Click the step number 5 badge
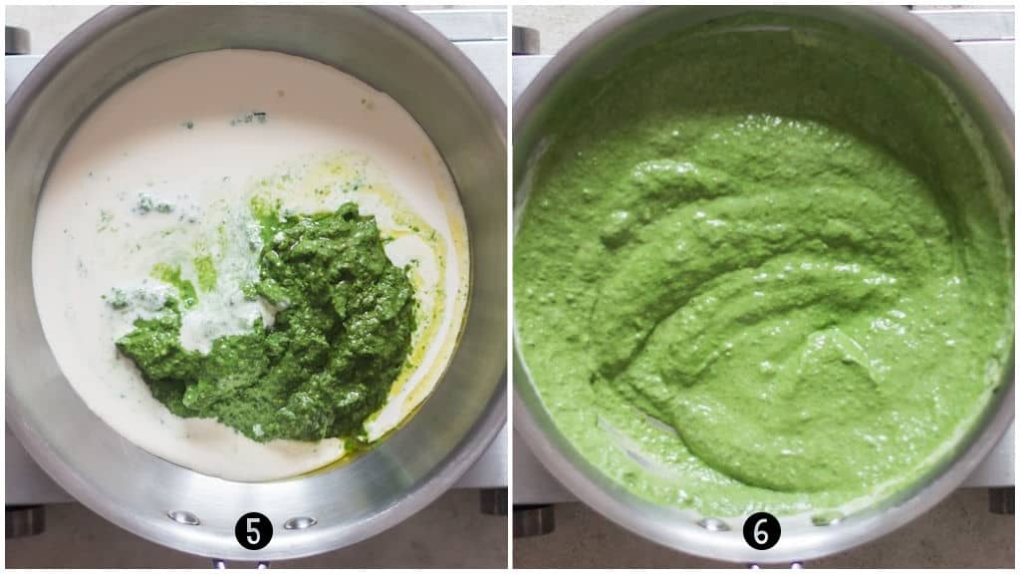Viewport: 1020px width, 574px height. click(254, 531)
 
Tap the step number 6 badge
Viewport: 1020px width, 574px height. click(762, 531)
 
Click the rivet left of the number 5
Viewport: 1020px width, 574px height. click(183, 517)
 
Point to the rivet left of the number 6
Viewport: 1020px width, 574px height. click(713, 523)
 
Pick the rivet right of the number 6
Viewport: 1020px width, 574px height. click(826, 518)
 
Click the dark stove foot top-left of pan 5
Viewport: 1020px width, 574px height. click(17, 40)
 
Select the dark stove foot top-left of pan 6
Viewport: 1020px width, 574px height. click(524, 40)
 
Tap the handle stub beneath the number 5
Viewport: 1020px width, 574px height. click(240, 565)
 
